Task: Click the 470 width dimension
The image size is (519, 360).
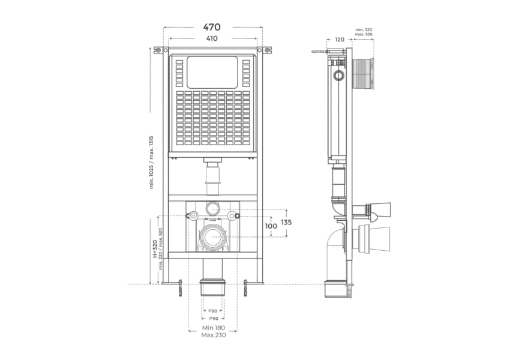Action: [x=212, y=27]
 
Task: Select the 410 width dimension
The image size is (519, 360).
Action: [x=212, y=38]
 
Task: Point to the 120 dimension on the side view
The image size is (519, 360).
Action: [x=340, y=40]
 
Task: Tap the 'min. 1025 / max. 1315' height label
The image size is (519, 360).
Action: [x=152, y=162]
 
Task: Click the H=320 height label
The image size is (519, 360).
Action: [x=155, y=249]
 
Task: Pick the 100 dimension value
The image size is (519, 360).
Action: [x=271, y=226]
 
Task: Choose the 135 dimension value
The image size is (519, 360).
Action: [x=286, y=223]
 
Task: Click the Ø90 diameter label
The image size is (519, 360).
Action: [x=213, y=311]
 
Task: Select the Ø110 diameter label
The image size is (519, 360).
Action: [x=213, y=319]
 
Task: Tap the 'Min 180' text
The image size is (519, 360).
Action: [x=214, y=328]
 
